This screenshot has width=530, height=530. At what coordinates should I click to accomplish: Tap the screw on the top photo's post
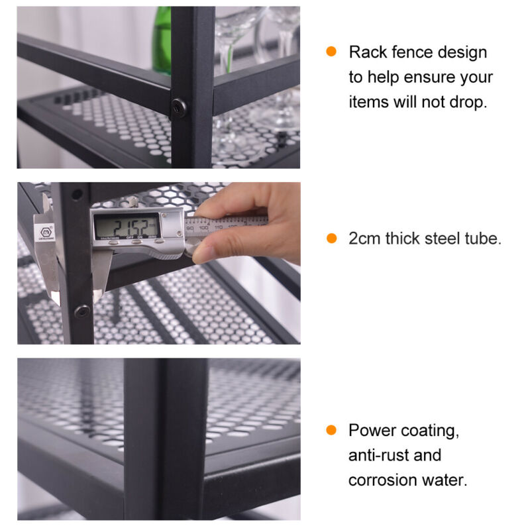point(178,107)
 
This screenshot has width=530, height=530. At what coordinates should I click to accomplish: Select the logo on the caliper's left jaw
point(46,233)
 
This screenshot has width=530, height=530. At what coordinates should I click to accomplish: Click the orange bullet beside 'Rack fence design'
point(331,52)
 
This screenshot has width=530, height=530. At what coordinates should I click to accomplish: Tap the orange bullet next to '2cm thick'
point(332,238)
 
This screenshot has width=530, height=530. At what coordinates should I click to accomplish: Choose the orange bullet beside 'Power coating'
point(331,430)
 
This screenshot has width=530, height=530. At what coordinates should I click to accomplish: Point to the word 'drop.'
point(468,102)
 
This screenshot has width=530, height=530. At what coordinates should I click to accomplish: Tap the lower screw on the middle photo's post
point(82,311)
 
